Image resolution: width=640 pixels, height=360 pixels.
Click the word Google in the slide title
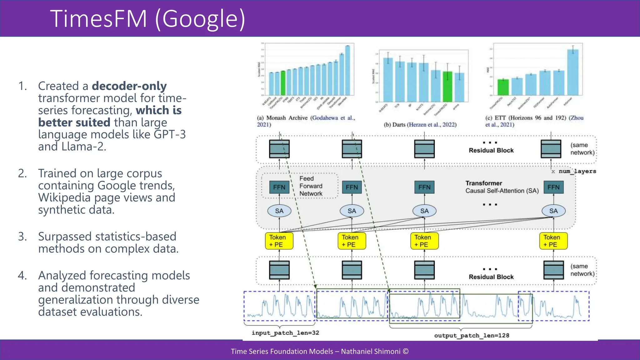tap(200, 19)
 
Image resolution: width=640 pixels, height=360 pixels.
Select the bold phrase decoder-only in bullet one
tap(129, 86)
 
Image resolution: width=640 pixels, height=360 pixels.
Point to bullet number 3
tap(22, 237)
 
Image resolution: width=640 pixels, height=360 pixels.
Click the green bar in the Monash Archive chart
tap(283, 83)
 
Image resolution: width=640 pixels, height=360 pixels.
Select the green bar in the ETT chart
tap(503, 87)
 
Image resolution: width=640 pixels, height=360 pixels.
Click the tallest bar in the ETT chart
tap(573, 72)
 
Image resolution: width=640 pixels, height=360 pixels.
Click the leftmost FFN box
tap(279, 187)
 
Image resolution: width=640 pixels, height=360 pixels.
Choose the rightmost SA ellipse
tap(553, 211)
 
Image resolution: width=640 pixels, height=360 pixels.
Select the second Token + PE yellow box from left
tap(352, 241)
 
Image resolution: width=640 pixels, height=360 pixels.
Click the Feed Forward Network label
tap(310, 186)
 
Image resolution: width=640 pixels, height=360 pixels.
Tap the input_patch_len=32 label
tap(285, 333)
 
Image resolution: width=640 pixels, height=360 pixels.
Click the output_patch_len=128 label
tap(471, 336)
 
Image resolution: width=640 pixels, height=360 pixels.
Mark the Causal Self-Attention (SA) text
tap(502, 191)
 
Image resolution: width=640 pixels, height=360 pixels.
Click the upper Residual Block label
tap(491, 150)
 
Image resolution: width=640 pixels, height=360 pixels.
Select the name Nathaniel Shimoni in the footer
tap(370, 351)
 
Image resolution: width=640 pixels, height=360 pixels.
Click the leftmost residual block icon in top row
tap(279, 149)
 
